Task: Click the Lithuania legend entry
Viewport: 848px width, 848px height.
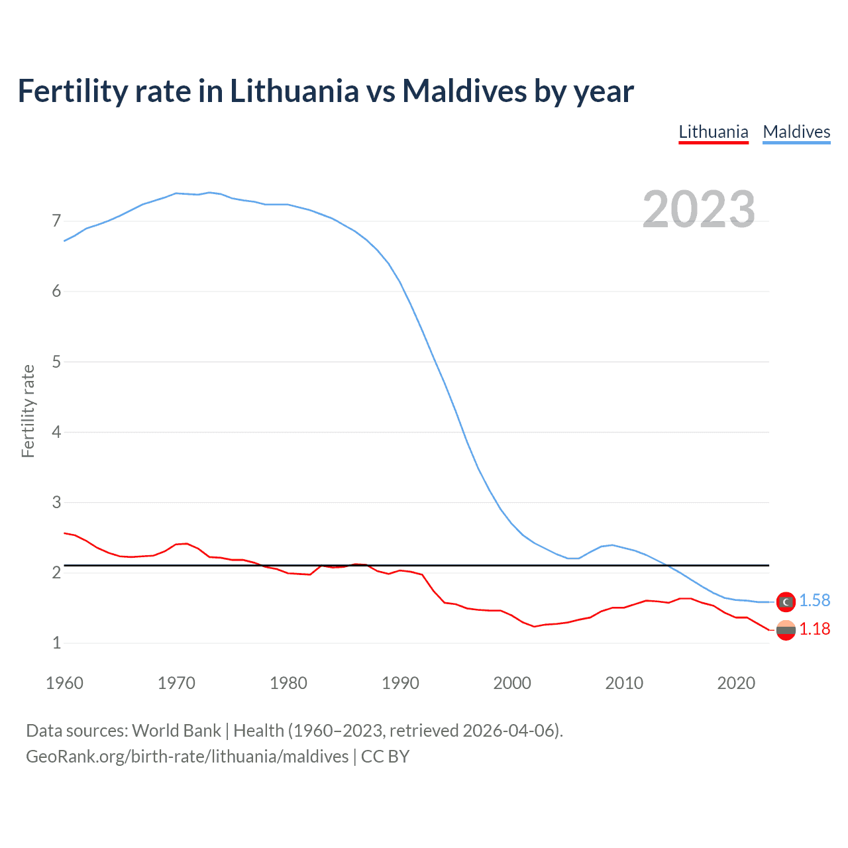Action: (x=714, y=132)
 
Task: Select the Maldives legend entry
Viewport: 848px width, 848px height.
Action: (x=796, y=132)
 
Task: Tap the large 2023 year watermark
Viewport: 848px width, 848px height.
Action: (x=698, y=209)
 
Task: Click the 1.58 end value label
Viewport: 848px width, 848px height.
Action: (x=814, y=600)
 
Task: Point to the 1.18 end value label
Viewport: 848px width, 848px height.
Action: (x=814, y=629)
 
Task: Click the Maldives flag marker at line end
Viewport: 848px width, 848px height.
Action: (x=786, y=602)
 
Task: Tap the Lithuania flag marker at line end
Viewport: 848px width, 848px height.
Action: (x=786, y=630)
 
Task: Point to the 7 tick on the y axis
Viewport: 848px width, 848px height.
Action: (x=56, y=221)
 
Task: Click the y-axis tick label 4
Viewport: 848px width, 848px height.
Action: (x=56, y=432)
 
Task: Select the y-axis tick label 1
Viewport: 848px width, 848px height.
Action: (x=56, y=643)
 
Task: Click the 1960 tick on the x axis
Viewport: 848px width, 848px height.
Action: (x=64, y=683)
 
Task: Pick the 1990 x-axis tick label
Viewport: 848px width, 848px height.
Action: (x=400, y=683)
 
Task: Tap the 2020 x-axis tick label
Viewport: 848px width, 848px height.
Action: (x=736, y=683)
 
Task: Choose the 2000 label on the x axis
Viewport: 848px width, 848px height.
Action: (x=512, y=683)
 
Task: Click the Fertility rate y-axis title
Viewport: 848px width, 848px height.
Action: (x=28, y=411)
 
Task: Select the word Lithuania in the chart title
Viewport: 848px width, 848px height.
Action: (x=294, y=91)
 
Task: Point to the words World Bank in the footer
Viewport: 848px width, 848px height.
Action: (x=176, y=731)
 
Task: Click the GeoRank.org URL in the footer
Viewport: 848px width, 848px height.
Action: (x=187, y=757)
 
